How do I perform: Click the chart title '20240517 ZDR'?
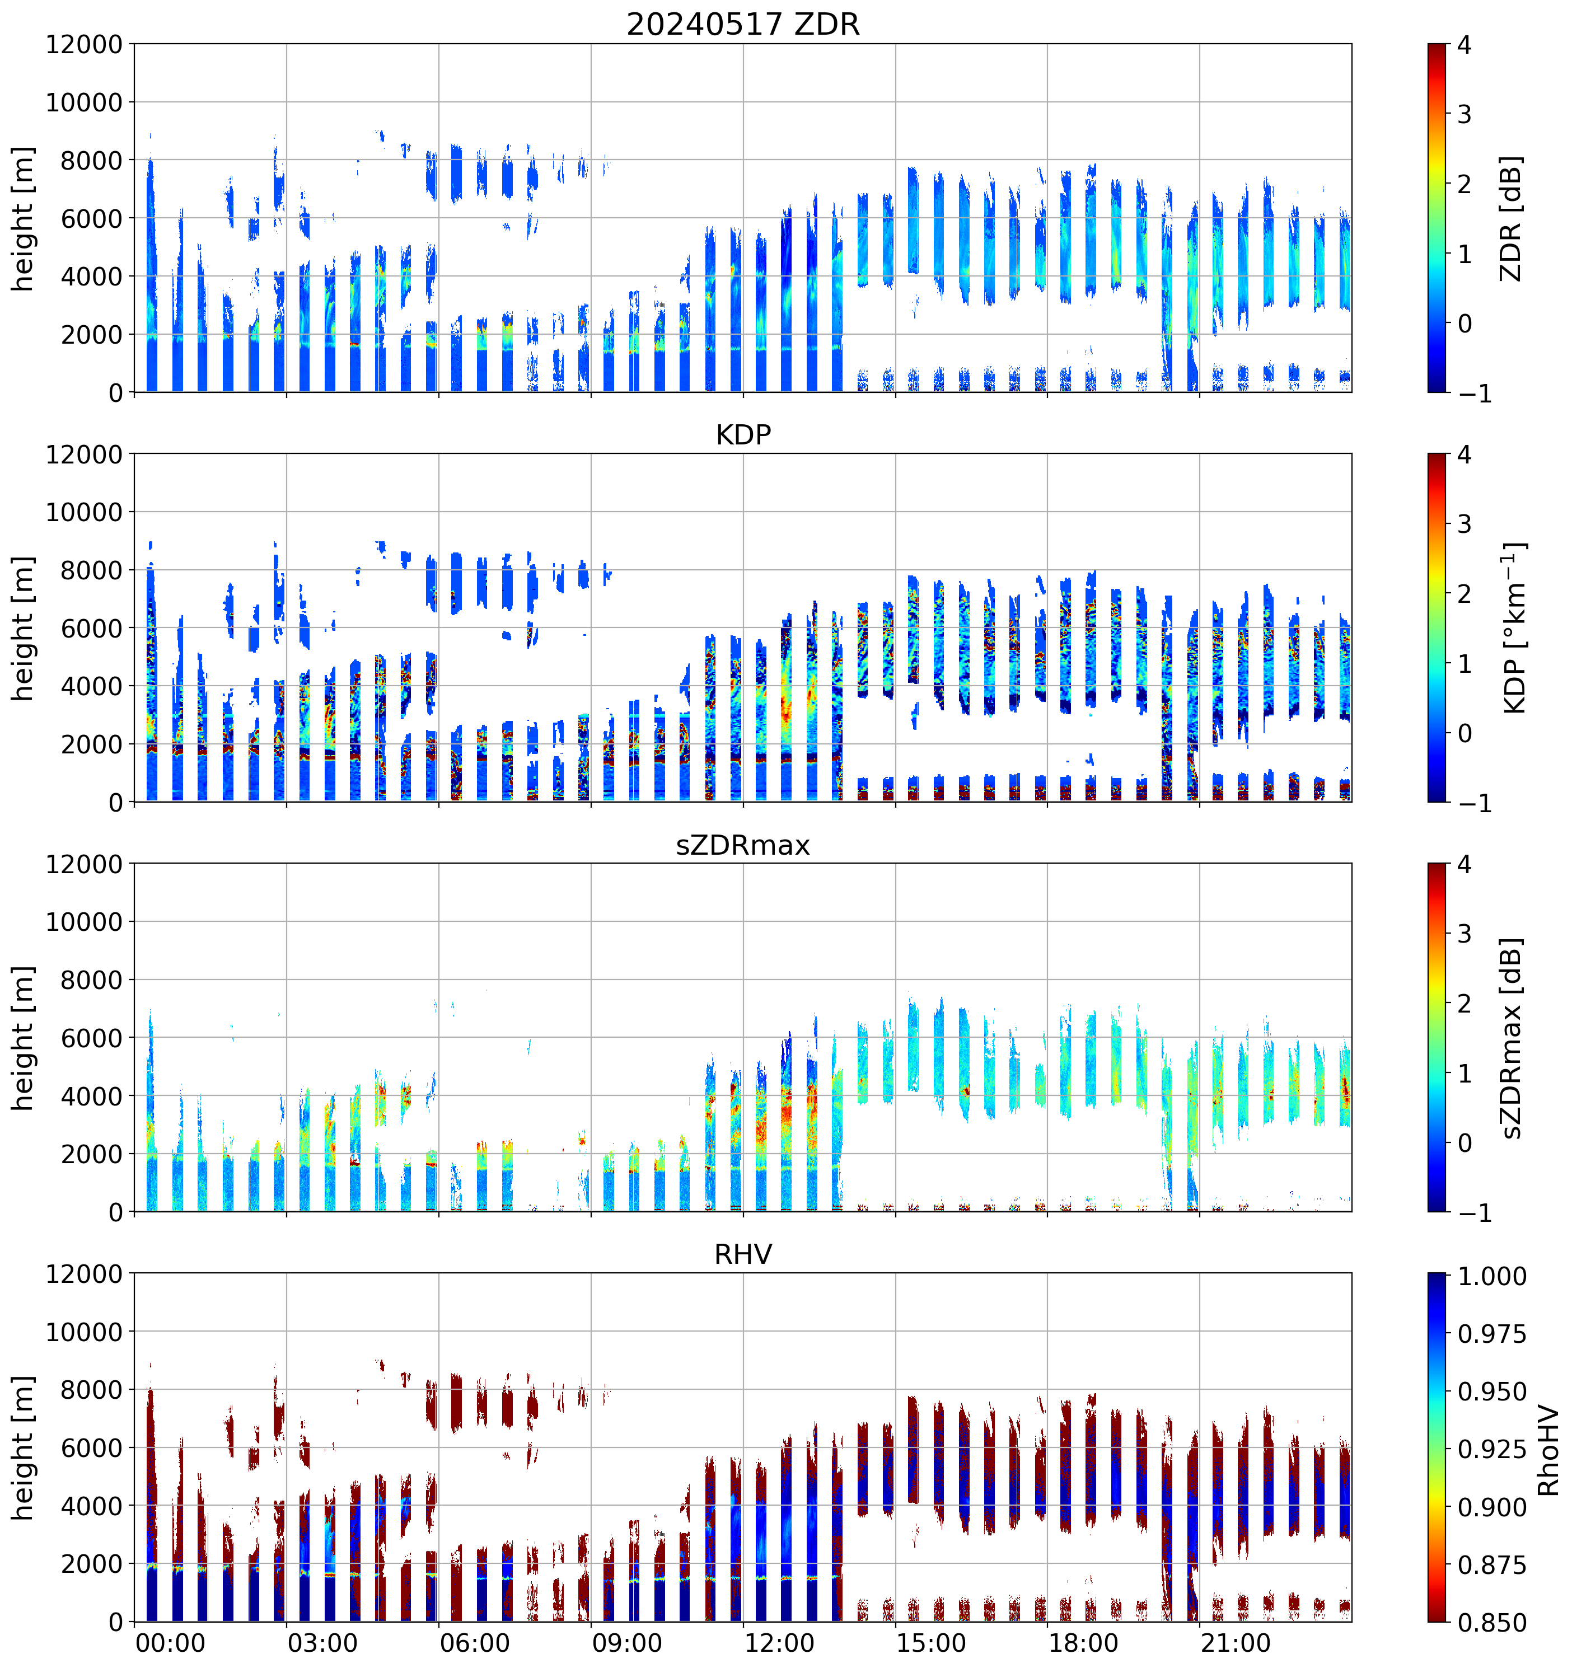(x=743, y=24)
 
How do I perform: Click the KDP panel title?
(x=743, y=434)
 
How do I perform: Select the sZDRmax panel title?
(x=743, y=845)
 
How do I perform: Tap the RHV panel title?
(x=743, y=1254)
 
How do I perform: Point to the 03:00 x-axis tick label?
(x=322, y=1643)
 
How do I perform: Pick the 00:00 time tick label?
(x=170, y=1643)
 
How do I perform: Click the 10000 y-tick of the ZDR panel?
(x=84, y=102)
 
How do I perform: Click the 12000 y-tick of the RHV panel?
(x=84, y=1273)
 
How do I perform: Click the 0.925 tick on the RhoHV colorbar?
(x=1491, y=1449)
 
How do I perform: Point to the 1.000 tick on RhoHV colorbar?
(x=1491, y=1276)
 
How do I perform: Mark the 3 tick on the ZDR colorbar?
(x=1465, y=114)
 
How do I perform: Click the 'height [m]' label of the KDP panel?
(x=24, y=627)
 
